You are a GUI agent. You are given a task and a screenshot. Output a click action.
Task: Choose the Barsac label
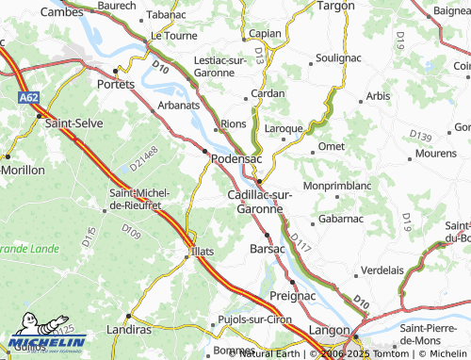[x=267, y=249]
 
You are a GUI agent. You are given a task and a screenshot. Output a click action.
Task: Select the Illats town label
[x=204, y=251]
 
